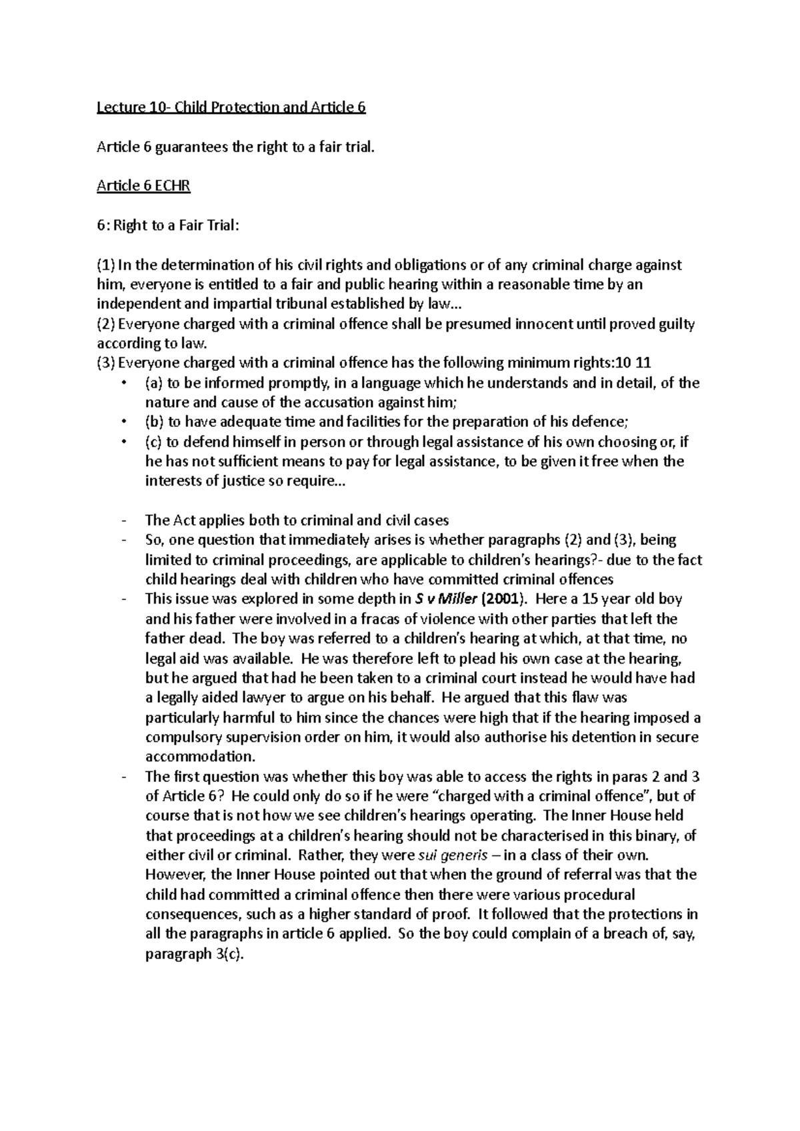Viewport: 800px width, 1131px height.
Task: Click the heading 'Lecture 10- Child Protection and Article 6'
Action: (231, 107)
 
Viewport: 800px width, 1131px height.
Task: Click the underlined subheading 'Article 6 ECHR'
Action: (143, 186)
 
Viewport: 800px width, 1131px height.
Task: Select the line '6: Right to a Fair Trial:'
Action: (167, 225)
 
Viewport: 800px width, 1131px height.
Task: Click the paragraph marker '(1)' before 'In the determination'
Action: (106, 265)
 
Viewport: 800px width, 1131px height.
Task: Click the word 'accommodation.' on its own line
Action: (201, 757)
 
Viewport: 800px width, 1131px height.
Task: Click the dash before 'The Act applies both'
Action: (125, 521)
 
